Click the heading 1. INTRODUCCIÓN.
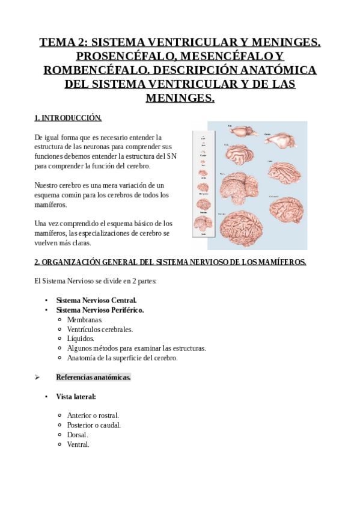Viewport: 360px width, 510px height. pos(68,118)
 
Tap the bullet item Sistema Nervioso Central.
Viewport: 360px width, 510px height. pos(96,300)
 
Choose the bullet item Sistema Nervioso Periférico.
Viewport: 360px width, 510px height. pos(100,310)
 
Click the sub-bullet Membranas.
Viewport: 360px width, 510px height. pos(85,319)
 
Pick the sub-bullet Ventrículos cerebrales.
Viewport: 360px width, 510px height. pos(100,329)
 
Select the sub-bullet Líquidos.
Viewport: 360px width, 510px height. pos(81,339)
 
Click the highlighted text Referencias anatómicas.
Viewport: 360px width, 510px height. pos(93,377)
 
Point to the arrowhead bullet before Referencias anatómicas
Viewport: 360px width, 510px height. pos(37,377)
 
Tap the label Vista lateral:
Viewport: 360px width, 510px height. pos(76,396)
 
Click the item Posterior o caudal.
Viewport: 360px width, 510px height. pos(94,425)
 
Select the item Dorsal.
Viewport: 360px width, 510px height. pos(78,435)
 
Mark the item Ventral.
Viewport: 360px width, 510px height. pos(78,444)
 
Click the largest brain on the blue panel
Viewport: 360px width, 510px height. pos(241,229)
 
